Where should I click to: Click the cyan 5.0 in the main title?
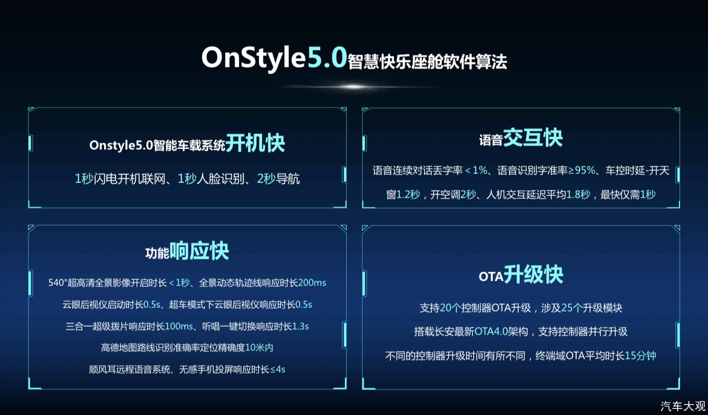(326, 58)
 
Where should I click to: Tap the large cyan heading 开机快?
(255, 144)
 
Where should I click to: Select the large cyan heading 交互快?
(533, 138)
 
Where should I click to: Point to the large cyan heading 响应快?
(200, 251)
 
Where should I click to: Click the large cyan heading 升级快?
(534, 274)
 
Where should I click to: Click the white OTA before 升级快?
(491, 277)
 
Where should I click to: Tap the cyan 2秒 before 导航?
(266, 179)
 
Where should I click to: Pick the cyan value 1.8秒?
(578, 194)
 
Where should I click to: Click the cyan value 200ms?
(312, 282)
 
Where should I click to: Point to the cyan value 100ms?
(179, 326)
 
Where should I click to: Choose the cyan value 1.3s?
(300, 326)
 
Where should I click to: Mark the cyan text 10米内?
(259, 348)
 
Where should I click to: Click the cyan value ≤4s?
(277, 370)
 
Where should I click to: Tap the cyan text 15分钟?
(640, 356)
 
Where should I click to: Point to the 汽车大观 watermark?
(683, 405)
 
